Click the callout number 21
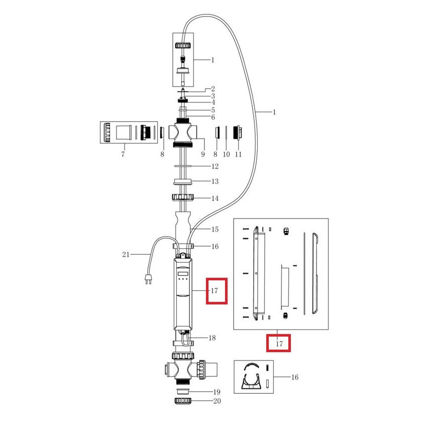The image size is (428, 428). [x=126, y=255]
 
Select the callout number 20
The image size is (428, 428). [x=217, y=401]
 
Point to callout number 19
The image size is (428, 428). [x=217, y=392]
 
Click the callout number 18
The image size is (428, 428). [x=212, y=338]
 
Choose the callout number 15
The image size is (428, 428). [x=215, y=230]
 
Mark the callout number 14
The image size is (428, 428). [x=215, y=198]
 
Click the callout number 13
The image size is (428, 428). [x=215, y=181]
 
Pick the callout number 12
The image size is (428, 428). [x=215, y=166]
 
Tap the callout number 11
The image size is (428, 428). [x=238, y=154]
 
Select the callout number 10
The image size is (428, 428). [x=226, y=154]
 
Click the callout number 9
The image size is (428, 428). [x=203, y=154]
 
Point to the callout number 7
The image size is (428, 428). [x=123, y=154]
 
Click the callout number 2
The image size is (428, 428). [x=212, y=89]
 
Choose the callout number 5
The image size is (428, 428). [x=213, y=110]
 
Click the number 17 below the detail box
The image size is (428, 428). [x=279, y=344]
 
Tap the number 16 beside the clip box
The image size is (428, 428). [x=295, y=377]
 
